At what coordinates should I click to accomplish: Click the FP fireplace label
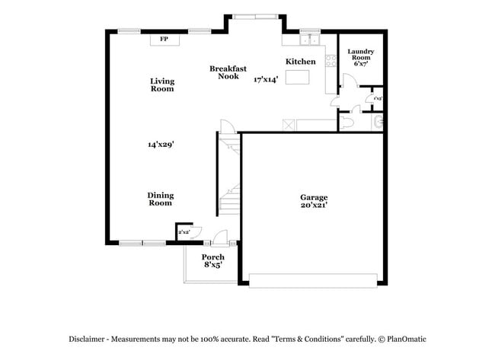tap(164, 39)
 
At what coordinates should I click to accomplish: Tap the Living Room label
tap(161, 84)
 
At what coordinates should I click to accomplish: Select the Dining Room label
tap(160, 199)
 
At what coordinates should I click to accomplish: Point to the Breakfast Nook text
tap(228, 72)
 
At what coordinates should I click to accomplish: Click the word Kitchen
tap(301, 62)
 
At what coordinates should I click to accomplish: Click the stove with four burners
tap(331, 62)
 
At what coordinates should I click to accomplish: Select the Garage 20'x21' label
tap(314, 202)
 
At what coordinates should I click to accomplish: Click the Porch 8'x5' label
tap(212, 261)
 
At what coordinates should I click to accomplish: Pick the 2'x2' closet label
tap(184, 231)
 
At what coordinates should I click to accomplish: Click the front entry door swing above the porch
tap(219, 237)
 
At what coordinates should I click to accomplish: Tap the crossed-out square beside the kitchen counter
tap(288, 126)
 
